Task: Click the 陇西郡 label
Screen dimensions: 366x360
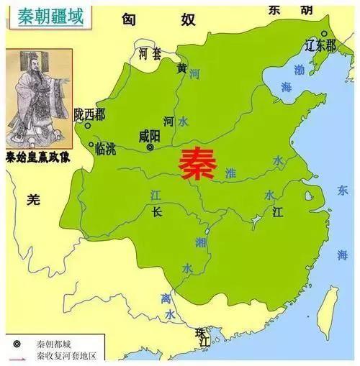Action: (x=89, y=114)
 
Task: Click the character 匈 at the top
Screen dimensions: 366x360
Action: (x=130, y=20)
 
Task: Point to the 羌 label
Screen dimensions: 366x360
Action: (x=32, y=201)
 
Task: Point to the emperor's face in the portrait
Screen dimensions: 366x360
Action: (x=32, y=68)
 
